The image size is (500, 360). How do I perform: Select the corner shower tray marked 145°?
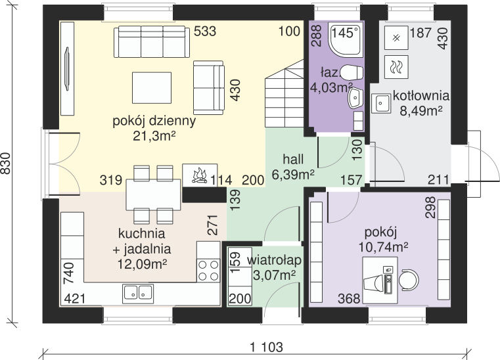(346, 40)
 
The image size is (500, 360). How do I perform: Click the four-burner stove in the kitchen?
(208, 271)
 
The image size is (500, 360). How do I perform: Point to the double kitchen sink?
(138, 294)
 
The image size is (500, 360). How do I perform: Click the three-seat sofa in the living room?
(152, 42)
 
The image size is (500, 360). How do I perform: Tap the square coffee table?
(152, 87)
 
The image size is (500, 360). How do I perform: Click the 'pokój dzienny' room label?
(154, 121)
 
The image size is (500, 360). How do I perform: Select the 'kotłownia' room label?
(421, 95)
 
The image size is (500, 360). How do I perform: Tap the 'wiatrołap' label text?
(274, 260)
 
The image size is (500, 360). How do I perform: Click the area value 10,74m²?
(384, 247)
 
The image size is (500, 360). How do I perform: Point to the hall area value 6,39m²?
(293, 174)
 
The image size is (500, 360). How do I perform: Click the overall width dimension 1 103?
(267, 347)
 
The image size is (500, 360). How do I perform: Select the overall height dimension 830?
(6, 164)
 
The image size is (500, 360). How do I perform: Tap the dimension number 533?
(205, 32)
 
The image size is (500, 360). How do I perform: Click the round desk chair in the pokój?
(409, 280)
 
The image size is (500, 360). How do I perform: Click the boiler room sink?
(380, 103)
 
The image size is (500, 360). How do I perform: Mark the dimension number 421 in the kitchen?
(75, 299)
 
